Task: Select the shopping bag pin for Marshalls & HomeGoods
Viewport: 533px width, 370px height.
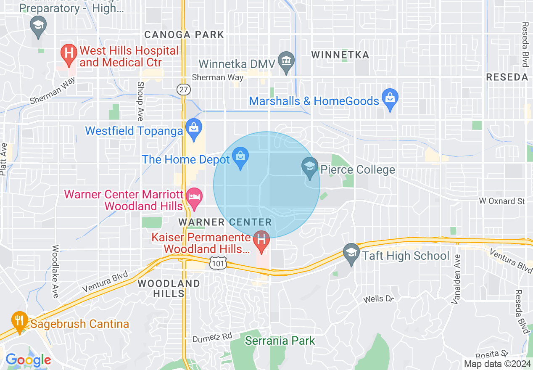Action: (390, 99)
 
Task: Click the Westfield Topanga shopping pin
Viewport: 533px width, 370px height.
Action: (194, 129)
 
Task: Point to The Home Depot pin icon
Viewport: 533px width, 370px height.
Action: (240, 158)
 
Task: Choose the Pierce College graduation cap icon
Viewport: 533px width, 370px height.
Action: (310, 168)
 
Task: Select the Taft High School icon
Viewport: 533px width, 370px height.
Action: (351, 254)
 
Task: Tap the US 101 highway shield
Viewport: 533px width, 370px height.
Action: (219, 263)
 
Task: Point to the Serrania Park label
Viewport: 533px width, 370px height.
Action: (280, 341)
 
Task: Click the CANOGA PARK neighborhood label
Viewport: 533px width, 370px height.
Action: (184, 34)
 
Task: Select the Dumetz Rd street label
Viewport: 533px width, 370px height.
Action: (212, 337)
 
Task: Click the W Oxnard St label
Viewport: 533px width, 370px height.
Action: (502, 201)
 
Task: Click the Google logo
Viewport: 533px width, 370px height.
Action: (28, 360)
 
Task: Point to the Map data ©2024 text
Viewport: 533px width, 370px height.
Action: (497, 364)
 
